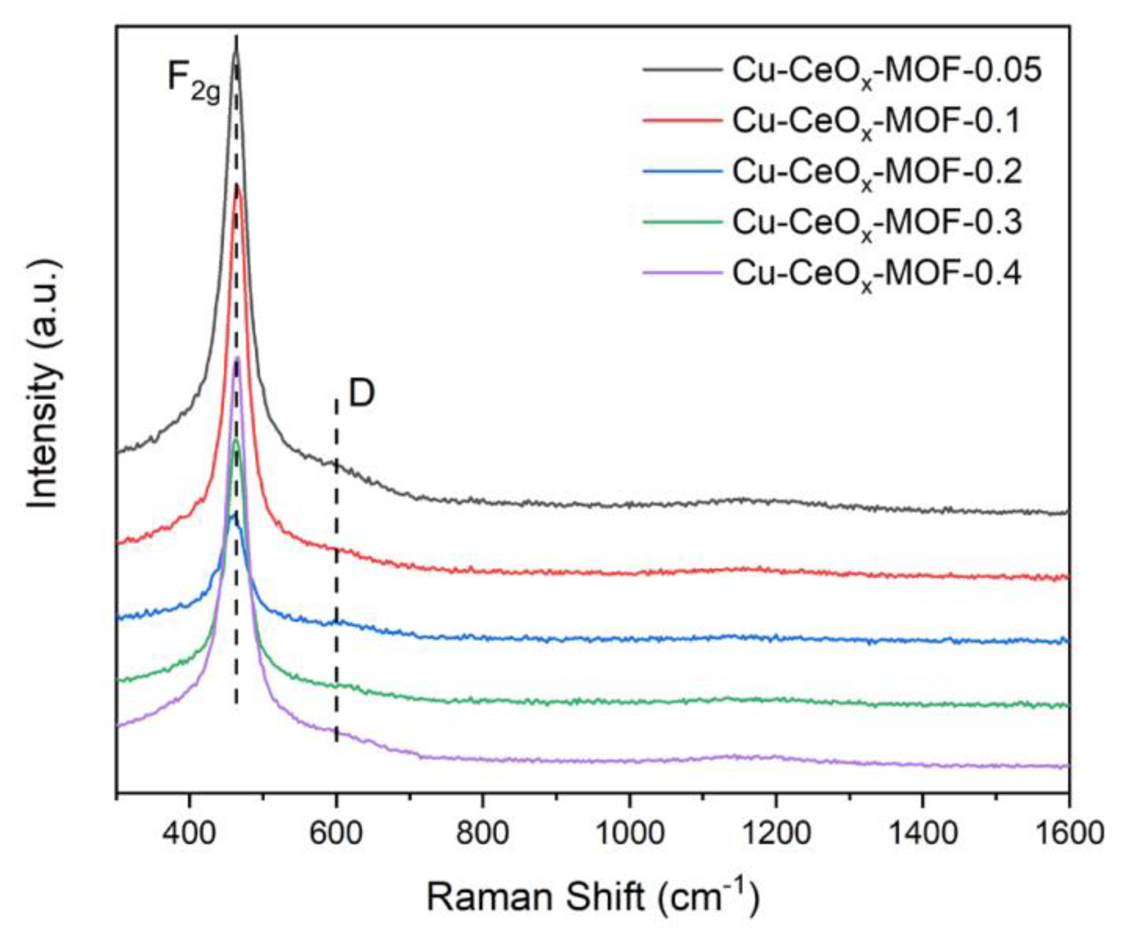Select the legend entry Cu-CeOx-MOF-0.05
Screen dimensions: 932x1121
[x=886, y=71]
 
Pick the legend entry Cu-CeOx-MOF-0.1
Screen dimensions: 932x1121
[x=876, y=122]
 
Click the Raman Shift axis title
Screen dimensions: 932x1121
[x=593, y=897]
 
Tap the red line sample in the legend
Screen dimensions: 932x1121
[x=683, y=121]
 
